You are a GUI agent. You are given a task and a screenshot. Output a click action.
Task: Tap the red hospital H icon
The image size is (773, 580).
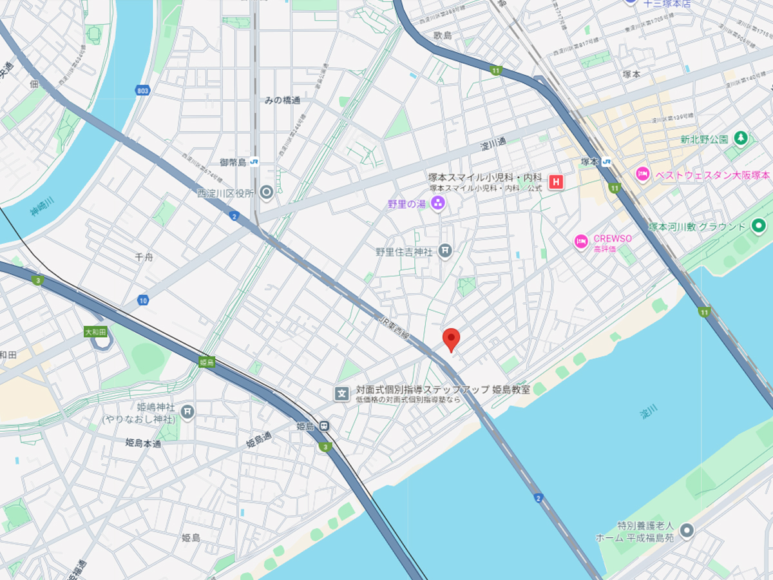tap(555, 182)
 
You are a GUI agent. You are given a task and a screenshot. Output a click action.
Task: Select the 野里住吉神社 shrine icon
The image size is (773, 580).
tap(444, 251)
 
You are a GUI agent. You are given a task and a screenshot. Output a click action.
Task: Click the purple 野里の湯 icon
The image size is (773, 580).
tap(438, 204)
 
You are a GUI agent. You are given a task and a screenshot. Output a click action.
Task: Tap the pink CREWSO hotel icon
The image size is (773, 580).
tap(581, 242)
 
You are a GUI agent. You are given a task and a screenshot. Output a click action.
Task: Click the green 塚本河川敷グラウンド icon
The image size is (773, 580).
tap(759, 226)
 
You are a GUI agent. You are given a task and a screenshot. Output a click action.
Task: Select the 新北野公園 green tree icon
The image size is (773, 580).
tap(741, 138)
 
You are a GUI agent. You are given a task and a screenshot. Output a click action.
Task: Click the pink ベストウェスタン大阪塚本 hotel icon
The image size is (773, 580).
tap(642, 174)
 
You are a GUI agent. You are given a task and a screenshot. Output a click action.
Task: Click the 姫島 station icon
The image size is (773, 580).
tap(325, 426)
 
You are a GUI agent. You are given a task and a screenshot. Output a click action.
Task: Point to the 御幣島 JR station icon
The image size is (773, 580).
tap(255, 162)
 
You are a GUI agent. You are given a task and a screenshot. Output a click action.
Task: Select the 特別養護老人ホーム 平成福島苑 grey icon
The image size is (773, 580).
tap(687, 531)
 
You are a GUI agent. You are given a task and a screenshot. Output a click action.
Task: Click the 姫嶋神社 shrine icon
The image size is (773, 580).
tap(187, 411)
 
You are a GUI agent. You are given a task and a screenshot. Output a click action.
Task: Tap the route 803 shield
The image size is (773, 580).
tap(142, 91)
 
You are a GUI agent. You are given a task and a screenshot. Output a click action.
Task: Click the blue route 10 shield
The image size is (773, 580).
tap(143, 300)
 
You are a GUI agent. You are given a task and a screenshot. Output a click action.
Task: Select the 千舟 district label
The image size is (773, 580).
tap(144, 256)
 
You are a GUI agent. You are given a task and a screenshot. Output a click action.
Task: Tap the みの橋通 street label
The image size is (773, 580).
tap(282, 100)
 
